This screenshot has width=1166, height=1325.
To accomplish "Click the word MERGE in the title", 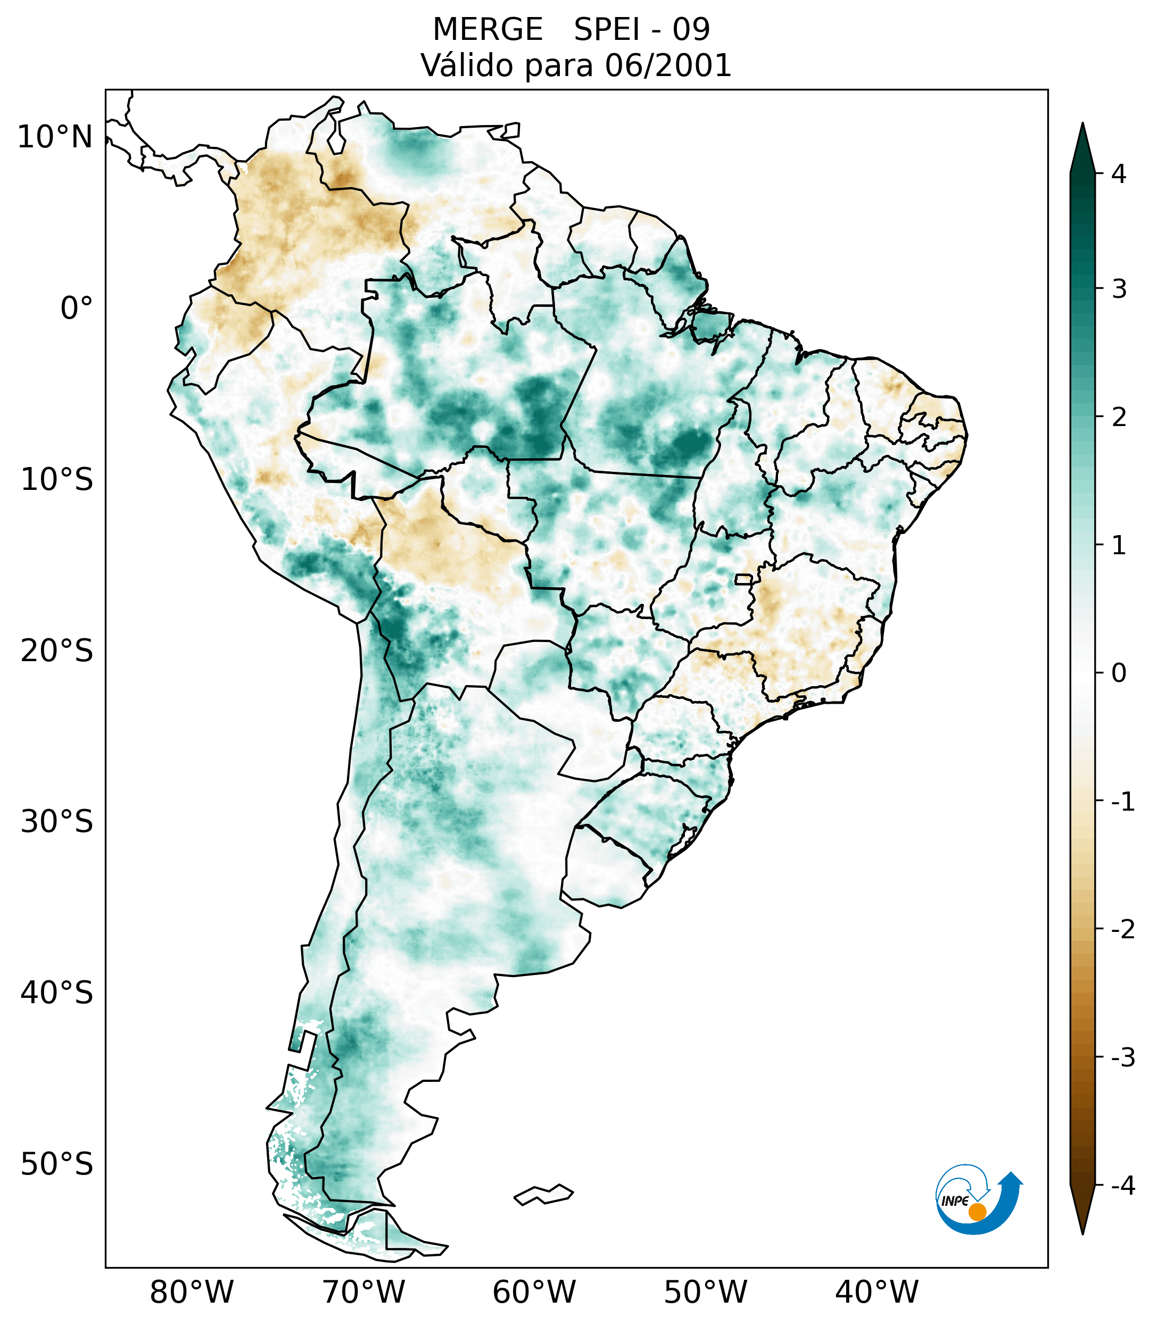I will click(x=487, y=30).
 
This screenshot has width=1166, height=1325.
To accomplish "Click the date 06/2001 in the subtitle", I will click(x=667, y=65).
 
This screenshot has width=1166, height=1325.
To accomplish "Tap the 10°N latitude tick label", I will click(x=55, y=137).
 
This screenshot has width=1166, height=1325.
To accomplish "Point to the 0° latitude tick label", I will click(x=76, y=309).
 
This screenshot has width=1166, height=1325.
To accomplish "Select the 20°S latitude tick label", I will click(x=57, y=651).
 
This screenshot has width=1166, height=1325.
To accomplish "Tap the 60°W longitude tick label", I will click(x=534, y=1292).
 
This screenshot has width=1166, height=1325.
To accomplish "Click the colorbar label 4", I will click(x=1119, y=174).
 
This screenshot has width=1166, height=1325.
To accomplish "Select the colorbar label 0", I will click(x=1119, y=673).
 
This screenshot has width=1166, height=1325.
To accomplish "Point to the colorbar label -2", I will click(x=1122, y=930).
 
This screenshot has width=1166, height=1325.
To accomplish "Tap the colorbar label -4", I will click(x=1122, y=1186).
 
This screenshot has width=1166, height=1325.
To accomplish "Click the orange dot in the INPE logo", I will click(x=977, y=1212).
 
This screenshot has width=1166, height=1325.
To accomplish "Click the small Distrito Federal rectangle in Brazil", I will click(x=744, y=578).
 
